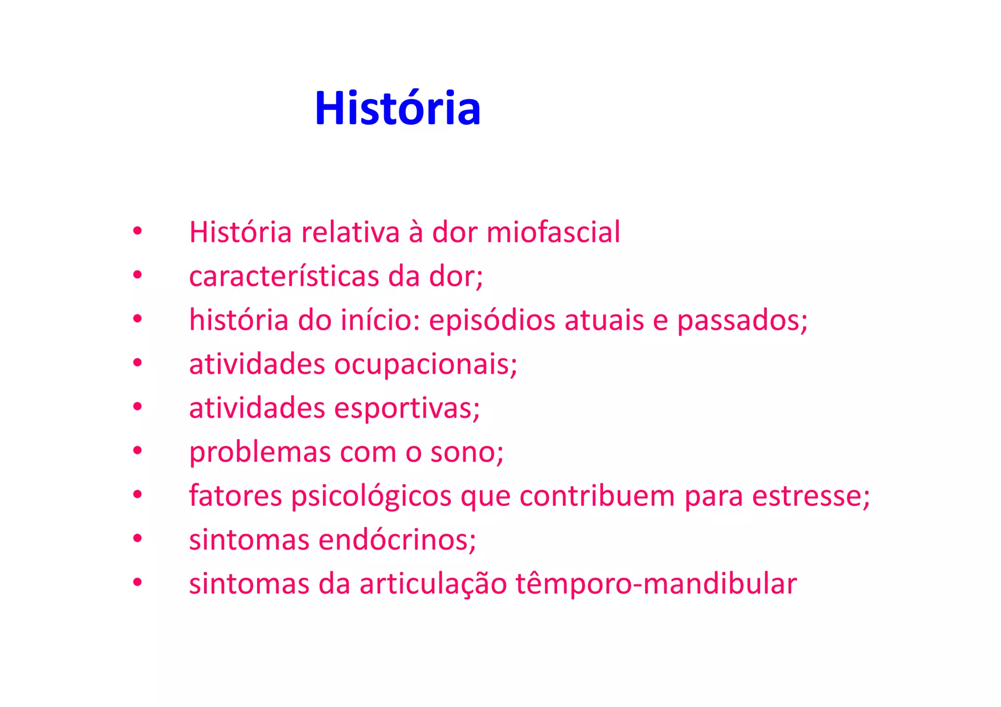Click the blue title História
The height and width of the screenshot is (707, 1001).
click(x=397, y=108)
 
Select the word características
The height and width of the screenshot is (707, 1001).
click(x=284, y=276)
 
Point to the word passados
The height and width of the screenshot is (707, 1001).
click(x=741, y=321)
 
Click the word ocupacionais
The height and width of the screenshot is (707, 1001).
click(x=425, y=364)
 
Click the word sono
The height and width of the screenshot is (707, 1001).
click(x=466, y=452)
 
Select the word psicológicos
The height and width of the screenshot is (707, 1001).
click(x=371, y=496)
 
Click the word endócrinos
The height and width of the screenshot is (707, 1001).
click(x=396, y=540)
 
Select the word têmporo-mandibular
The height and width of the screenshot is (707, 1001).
click(x=656, y=584)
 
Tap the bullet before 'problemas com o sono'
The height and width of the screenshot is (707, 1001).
click(x=137, y=450)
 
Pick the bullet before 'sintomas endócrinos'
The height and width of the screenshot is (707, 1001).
click(x=137, y=538)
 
